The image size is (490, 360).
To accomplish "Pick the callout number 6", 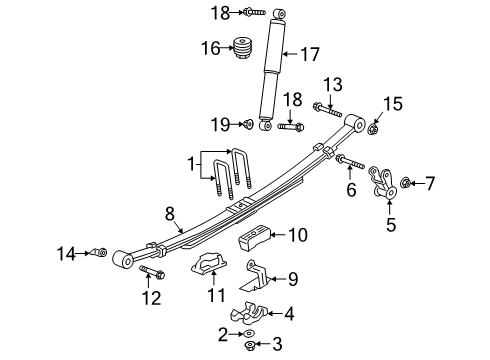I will pyautogui.click(x=349, y=187).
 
